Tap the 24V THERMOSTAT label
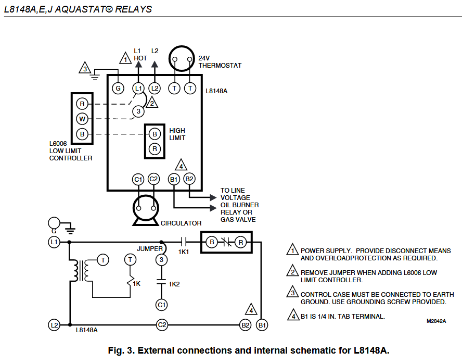(x=220, y=62)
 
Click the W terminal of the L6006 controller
(x=82, y=118)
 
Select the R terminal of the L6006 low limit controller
(x=82, y=103)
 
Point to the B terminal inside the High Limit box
(x=155, y=134)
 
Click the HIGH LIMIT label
(x=177, y=134)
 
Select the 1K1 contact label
(x=184, y=252)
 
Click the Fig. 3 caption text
(x=248, y=350)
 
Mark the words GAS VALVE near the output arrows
(x=238, y=220)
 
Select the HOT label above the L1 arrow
(x=140, y=58)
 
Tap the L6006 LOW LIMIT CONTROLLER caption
(x=71, y=151)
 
